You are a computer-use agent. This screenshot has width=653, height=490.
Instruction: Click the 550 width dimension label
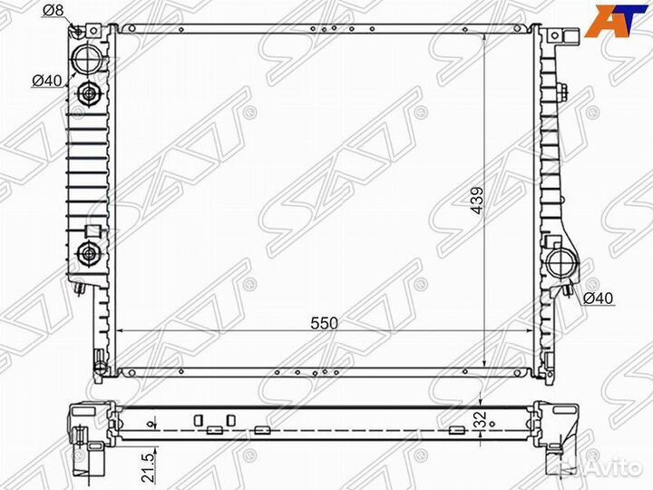click(x=324, y=323)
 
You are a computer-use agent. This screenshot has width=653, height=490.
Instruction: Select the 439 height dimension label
click(x=478, y=200)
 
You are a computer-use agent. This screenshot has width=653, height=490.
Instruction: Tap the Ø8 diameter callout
click(x=53, y=10)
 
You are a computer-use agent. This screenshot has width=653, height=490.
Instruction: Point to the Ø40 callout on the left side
click(x=47, y=81)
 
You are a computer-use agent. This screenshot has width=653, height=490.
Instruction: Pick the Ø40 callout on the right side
click(x=598, y=298)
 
